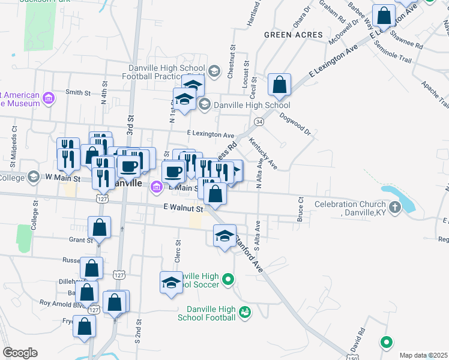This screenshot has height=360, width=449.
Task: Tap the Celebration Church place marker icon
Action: (x=394, y=208)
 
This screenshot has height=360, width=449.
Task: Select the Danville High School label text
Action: (x=244, y=105)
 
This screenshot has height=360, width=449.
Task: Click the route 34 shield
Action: (x=259, y=122)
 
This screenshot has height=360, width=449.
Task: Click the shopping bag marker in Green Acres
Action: (x=279, y=85)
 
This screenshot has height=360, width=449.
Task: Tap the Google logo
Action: (x=20, y=353)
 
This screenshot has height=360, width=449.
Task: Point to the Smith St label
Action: (x=78, y=92)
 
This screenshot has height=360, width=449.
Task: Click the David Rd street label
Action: (x=358, y=340)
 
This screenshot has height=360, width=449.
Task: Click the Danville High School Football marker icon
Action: (x=244, y=311)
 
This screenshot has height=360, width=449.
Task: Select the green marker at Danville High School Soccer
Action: (x=228, y=279)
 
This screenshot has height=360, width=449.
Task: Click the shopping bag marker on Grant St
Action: (x=99, y=228)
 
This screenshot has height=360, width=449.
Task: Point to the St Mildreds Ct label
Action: (x=13, y=153)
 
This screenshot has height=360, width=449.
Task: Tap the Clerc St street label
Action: (x=178, y=251)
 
